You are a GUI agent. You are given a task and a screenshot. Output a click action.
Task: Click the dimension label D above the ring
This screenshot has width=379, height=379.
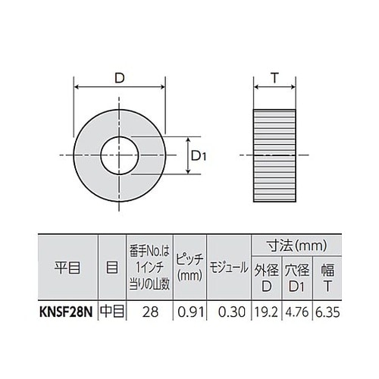tap(121, 77)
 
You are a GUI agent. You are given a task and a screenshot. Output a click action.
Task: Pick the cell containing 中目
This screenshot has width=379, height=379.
tap(111, 309)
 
